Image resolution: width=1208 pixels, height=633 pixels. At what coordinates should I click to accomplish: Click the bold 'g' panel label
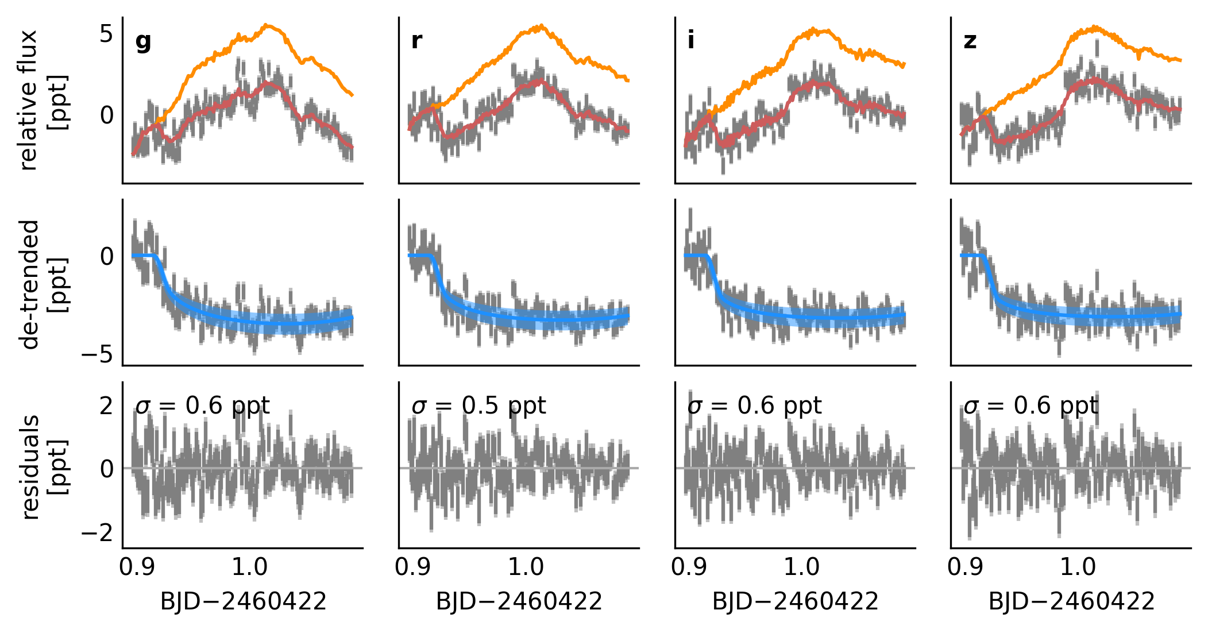[143, 41]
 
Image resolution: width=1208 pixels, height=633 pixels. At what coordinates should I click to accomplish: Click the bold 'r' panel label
[417, 40]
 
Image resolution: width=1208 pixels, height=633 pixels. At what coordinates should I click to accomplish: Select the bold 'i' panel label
[690, 40]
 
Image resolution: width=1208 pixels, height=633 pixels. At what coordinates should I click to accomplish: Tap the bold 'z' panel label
[970, 41]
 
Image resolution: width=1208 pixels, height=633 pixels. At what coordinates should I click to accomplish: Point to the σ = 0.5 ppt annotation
[478, 406]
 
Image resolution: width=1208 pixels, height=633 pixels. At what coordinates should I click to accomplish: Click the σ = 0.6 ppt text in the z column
[1031, 406]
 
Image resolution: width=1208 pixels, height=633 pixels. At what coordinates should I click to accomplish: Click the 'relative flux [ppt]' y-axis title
[43, 101]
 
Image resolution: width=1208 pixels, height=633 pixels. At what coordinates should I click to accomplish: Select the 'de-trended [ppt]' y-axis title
[43, 284]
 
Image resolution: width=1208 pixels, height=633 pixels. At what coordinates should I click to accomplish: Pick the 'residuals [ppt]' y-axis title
[43, 466]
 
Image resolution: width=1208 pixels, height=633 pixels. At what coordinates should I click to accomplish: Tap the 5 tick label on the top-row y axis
[107, 34]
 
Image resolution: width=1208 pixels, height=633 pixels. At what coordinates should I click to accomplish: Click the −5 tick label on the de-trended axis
[97, 355]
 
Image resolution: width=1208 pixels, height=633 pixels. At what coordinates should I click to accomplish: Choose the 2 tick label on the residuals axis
[107, 406]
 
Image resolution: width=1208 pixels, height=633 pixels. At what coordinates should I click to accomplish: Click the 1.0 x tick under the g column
[249, 568]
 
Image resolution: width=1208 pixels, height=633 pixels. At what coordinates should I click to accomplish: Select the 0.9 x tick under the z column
[965, 568]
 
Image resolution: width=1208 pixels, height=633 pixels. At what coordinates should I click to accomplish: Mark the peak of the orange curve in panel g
[266, 25]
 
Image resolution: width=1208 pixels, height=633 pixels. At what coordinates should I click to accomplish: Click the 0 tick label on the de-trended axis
[107, 256]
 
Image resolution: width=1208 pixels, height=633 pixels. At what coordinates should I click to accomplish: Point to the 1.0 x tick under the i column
[801, 568]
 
